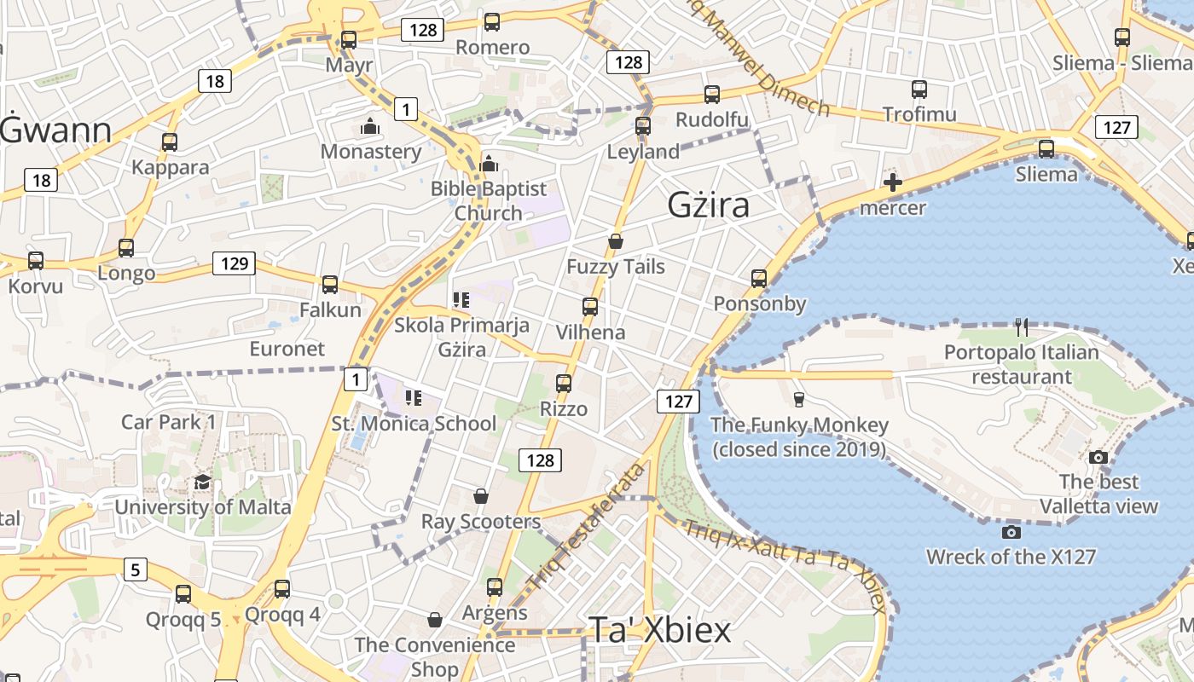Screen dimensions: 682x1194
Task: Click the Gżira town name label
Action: (x=709, y=205)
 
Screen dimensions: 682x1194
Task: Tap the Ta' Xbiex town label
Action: (x=659, y=631)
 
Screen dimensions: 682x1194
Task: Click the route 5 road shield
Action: (x=135, y=569)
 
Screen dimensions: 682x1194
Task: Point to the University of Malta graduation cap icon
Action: (x=202, y=483)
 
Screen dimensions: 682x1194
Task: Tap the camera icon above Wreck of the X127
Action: (x=1011, y=533)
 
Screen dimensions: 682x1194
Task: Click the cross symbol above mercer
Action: (x=893, y=182)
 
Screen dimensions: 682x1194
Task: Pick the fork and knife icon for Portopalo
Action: (x=1022, y=327)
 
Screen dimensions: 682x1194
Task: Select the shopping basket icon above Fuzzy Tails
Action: (x=616, y=242)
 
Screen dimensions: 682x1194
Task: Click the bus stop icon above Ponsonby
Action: (x=759, y=279)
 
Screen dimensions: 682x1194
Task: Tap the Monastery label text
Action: (x=371, y=152)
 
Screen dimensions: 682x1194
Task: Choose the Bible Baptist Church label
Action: (x=489, y=201)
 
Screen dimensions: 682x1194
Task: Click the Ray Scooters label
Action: (x=481, y=521)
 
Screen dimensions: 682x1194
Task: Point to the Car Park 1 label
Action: (x=169, y=422)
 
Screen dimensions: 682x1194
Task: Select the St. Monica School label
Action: (x=414, y=424)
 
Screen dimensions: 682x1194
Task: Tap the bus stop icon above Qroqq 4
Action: (x=282, y=589)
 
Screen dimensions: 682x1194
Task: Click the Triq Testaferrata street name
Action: (x=586, y=528)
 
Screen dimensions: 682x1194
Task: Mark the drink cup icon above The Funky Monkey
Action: (x=798, y=400)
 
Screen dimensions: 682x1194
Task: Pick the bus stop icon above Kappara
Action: (x=170, y=142)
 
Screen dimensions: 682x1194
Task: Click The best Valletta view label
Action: (x=1099, y=494)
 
